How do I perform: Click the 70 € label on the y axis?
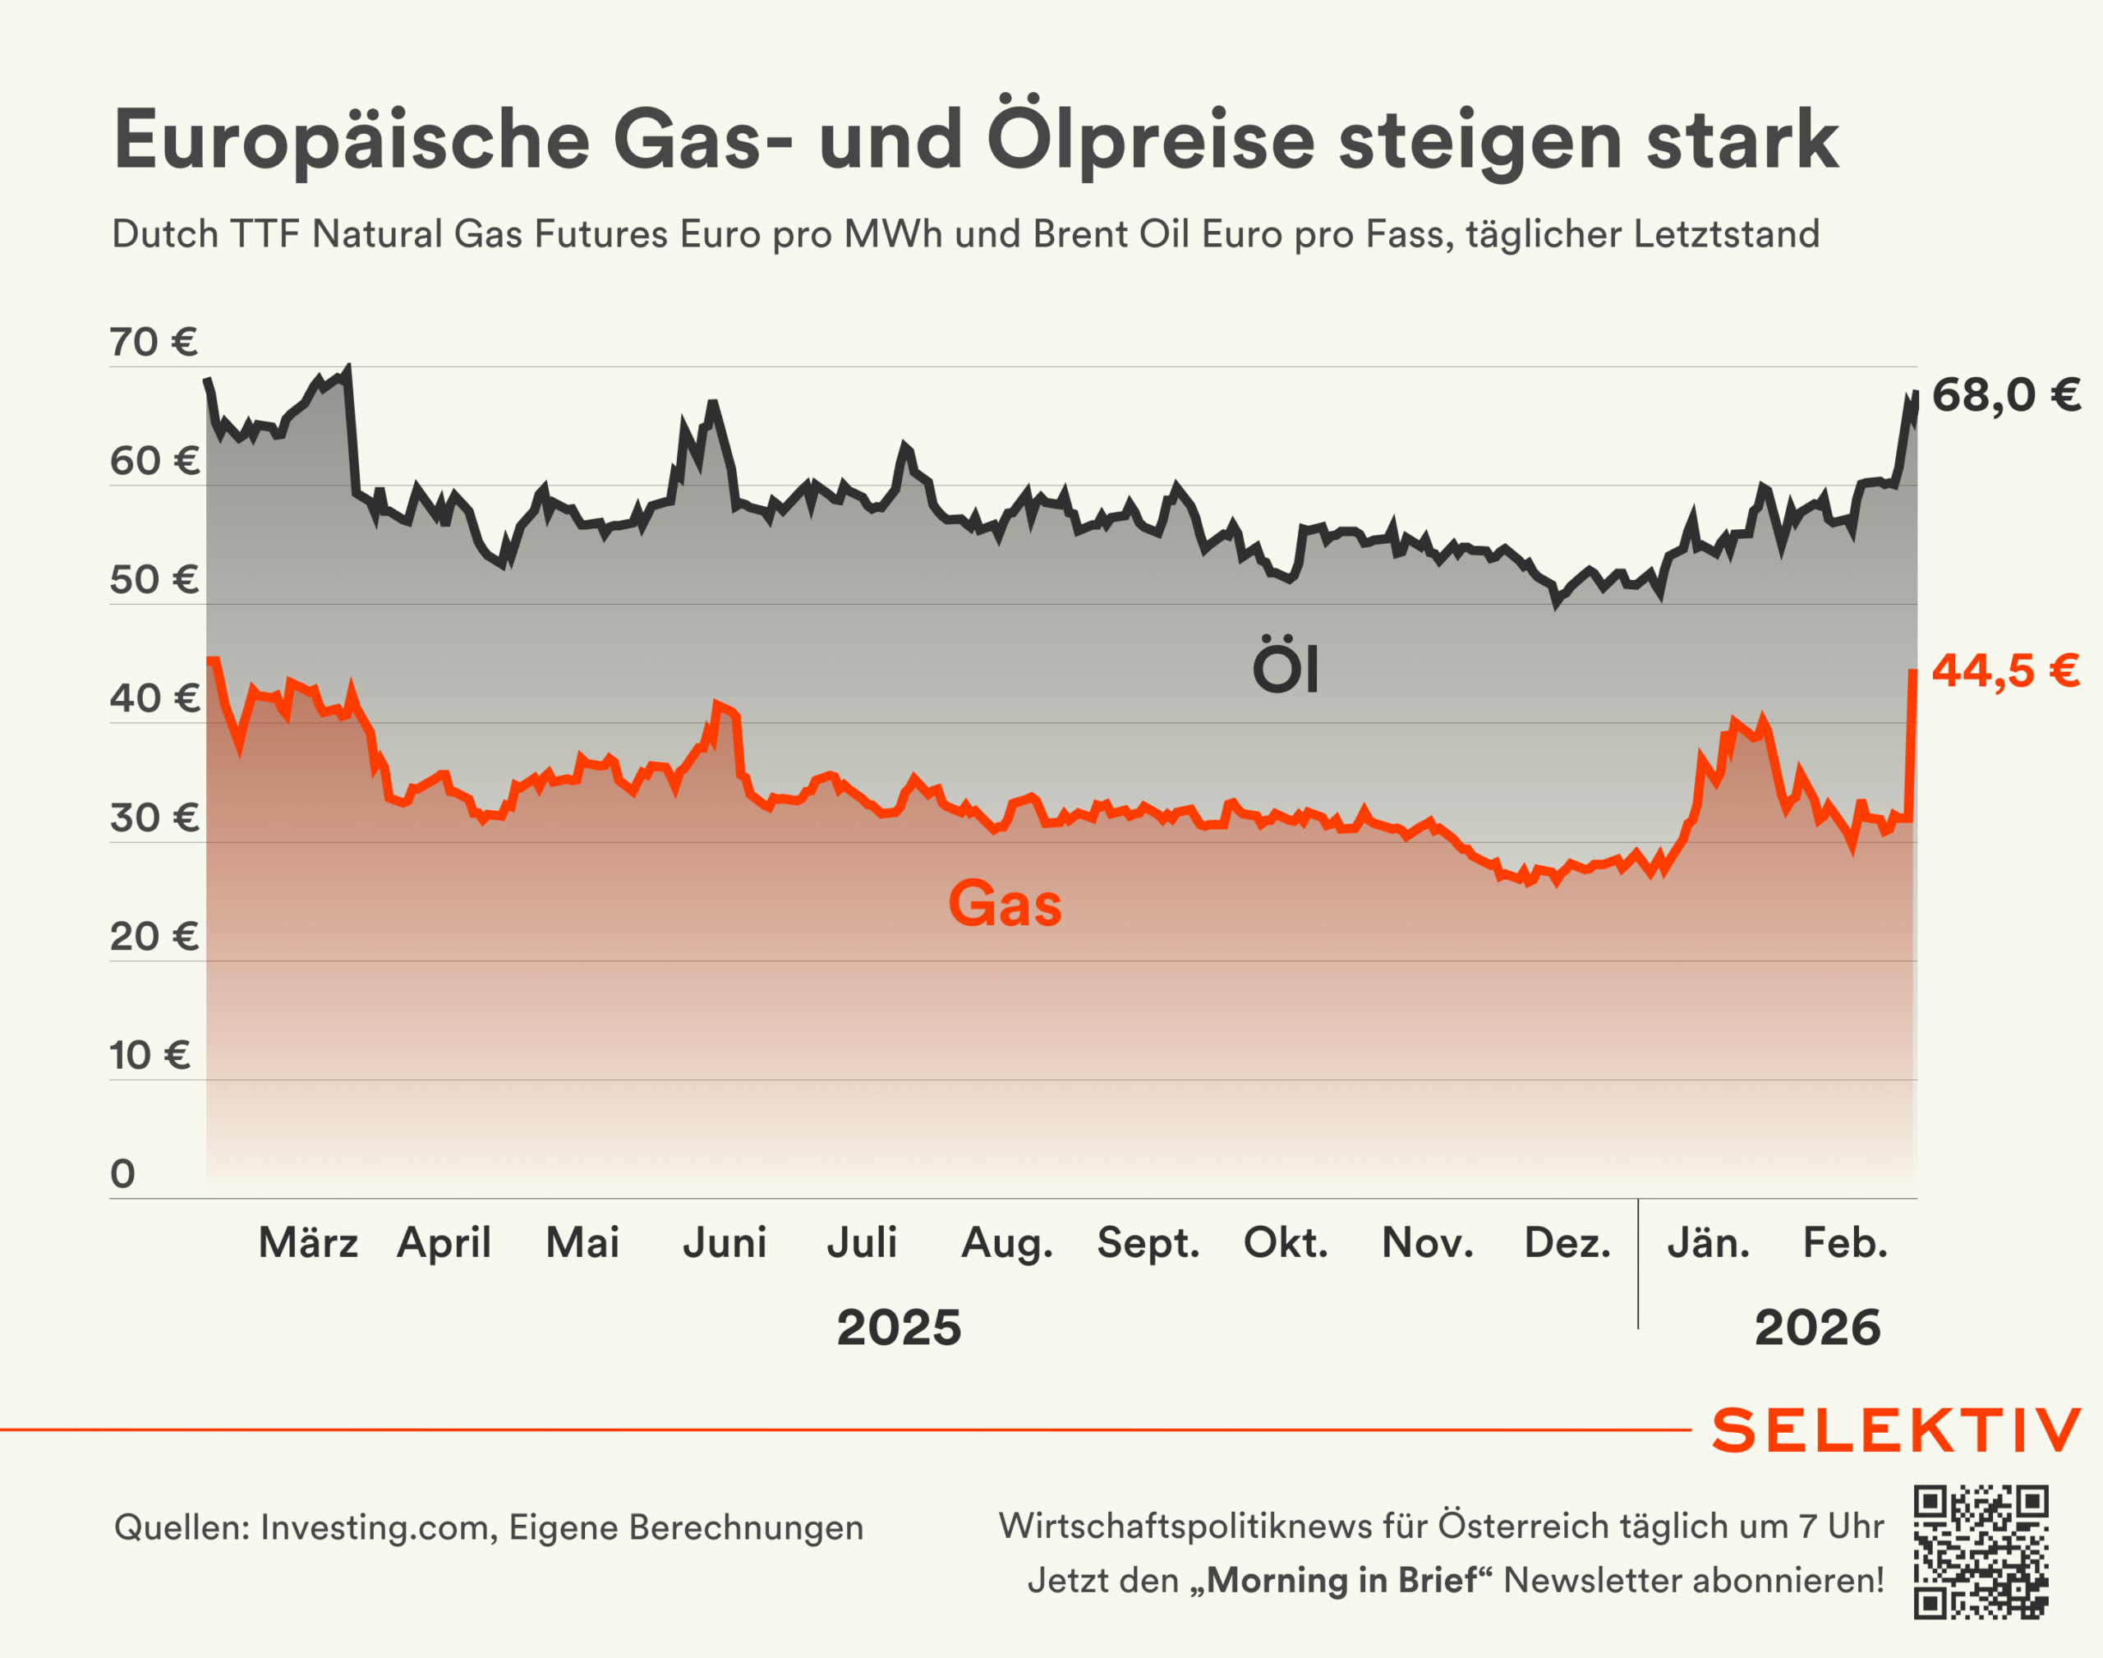tap(154, 343)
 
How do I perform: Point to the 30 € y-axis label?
tap(154, 818)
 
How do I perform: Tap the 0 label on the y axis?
tap(123, 1175)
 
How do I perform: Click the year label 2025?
tap(899, 1328)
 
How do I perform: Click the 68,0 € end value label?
tap(2006, 396)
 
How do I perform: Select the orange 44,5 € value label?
tap(2005, 670)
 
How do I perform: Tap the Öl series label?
tap(1286, 668)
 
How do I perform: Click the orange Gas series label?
tap(1005, 905)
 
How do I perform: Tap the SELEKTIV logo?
tap(1896, 1431)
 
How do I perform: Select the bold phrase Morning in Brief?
tap(1344, 1580)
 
